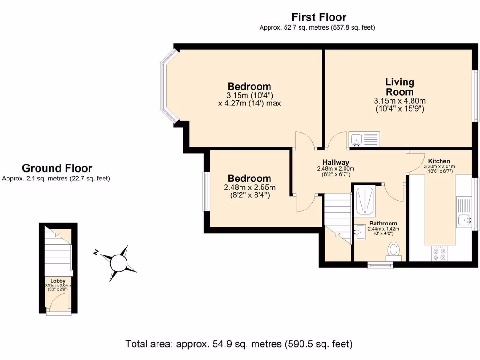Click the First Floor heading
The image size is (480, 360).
(x=319, y=17)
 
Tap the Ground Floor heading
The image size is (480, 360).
(x=57, y=168)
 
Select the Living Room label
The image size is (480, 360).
(x=399, y=87)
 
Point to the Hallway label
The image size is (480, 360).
(x=336, y=162)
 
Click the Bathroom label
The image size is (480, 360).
(x=383, y=223)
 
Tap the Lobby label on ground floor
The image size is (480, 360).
(x=58, y=281)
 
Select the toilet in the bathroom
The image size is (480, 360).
(x=393, y=251)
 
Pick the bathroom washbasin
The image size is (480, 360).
(x=360, y=230)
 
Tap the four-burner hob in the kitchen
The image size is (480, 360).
(x=440, y=254)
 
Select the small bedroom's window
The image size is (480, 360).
(x=206, y=191)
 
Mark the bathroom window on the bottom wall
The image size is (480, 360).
(x=380, y=265)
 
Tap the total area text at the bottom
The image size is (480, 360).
(x=239, y=344)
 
